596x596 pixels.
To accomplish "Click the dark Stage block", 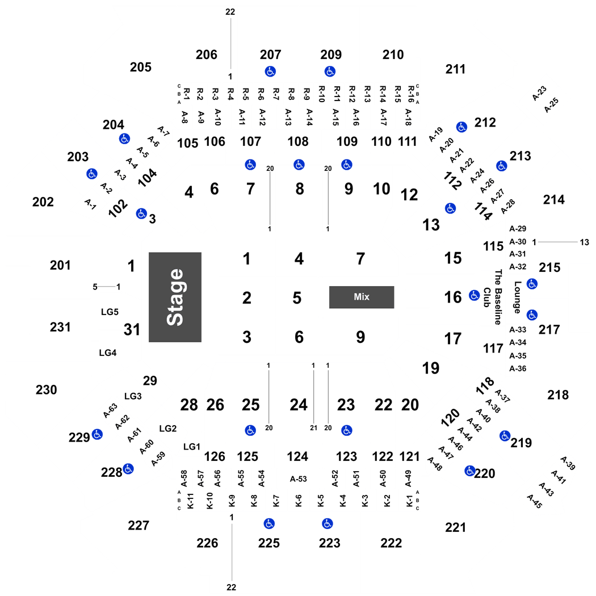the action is (x=175, y=297).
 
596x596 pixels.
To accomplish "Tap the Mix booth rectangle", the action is (x=362, y=297).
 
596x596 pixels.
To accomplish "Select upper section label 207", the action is (x=270, y=54).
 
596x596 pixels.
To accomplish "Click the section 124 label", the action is (x=297, y=456).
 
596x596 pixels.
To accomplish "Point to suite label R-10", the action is (x=322, y=94).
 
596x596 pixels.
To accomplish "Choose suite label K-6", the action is (x=299, y=501).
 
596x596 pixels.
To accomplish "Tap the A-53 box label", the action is (x=299, y=479).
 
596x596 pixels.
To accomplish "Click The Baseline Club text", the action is (x=493, y=297).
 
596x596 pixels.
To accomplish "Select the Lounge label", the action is (x=517, y=297).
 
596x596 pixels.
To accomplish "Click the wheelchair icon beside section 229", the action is (x=97, y=434).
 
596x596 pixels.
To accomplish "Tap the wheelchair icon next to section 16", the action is (x=474, y=295).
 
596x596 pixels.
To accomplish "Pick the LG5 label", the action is (x=110, y=312).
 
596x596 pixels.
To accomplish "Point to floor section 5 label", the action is (x=297, y=298).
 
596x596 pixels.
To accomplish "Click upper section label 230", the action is (x=47, y=389).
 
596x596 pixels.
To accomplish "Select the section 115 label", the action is (x=493, y=246).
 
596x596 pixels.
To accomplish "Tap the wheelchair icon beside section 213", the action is (x=502, y=166).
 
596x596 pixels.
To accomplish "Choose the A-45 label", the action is (x=535, y=501).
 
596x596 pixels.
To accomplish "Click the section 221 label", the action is (x=455, y=527).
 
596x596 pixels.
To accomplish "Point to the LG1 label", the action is (x=192, y=447).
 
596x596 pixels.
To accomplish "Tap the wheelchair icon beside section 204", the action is (x=124, y=138).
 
